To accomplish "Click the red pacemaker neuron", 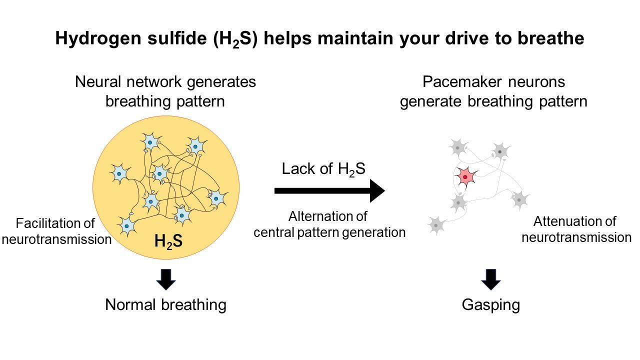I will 465,177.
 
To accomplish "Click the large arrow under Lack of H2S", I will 330,190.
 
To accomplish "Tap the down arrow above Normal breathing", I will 166,279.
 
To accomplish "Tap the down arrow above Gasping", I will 491,279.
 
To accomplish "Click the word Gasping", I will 490,304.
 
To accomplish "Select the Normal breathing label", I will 165,304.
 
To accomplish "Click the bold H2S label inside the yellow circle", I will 168,241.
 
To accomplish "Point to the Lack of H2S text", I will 323,169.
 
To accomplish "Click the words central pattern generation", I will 329,232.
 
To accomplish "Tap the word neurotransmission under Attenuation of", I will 576,237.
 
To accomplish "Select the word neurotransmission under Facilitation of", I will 56,239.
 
